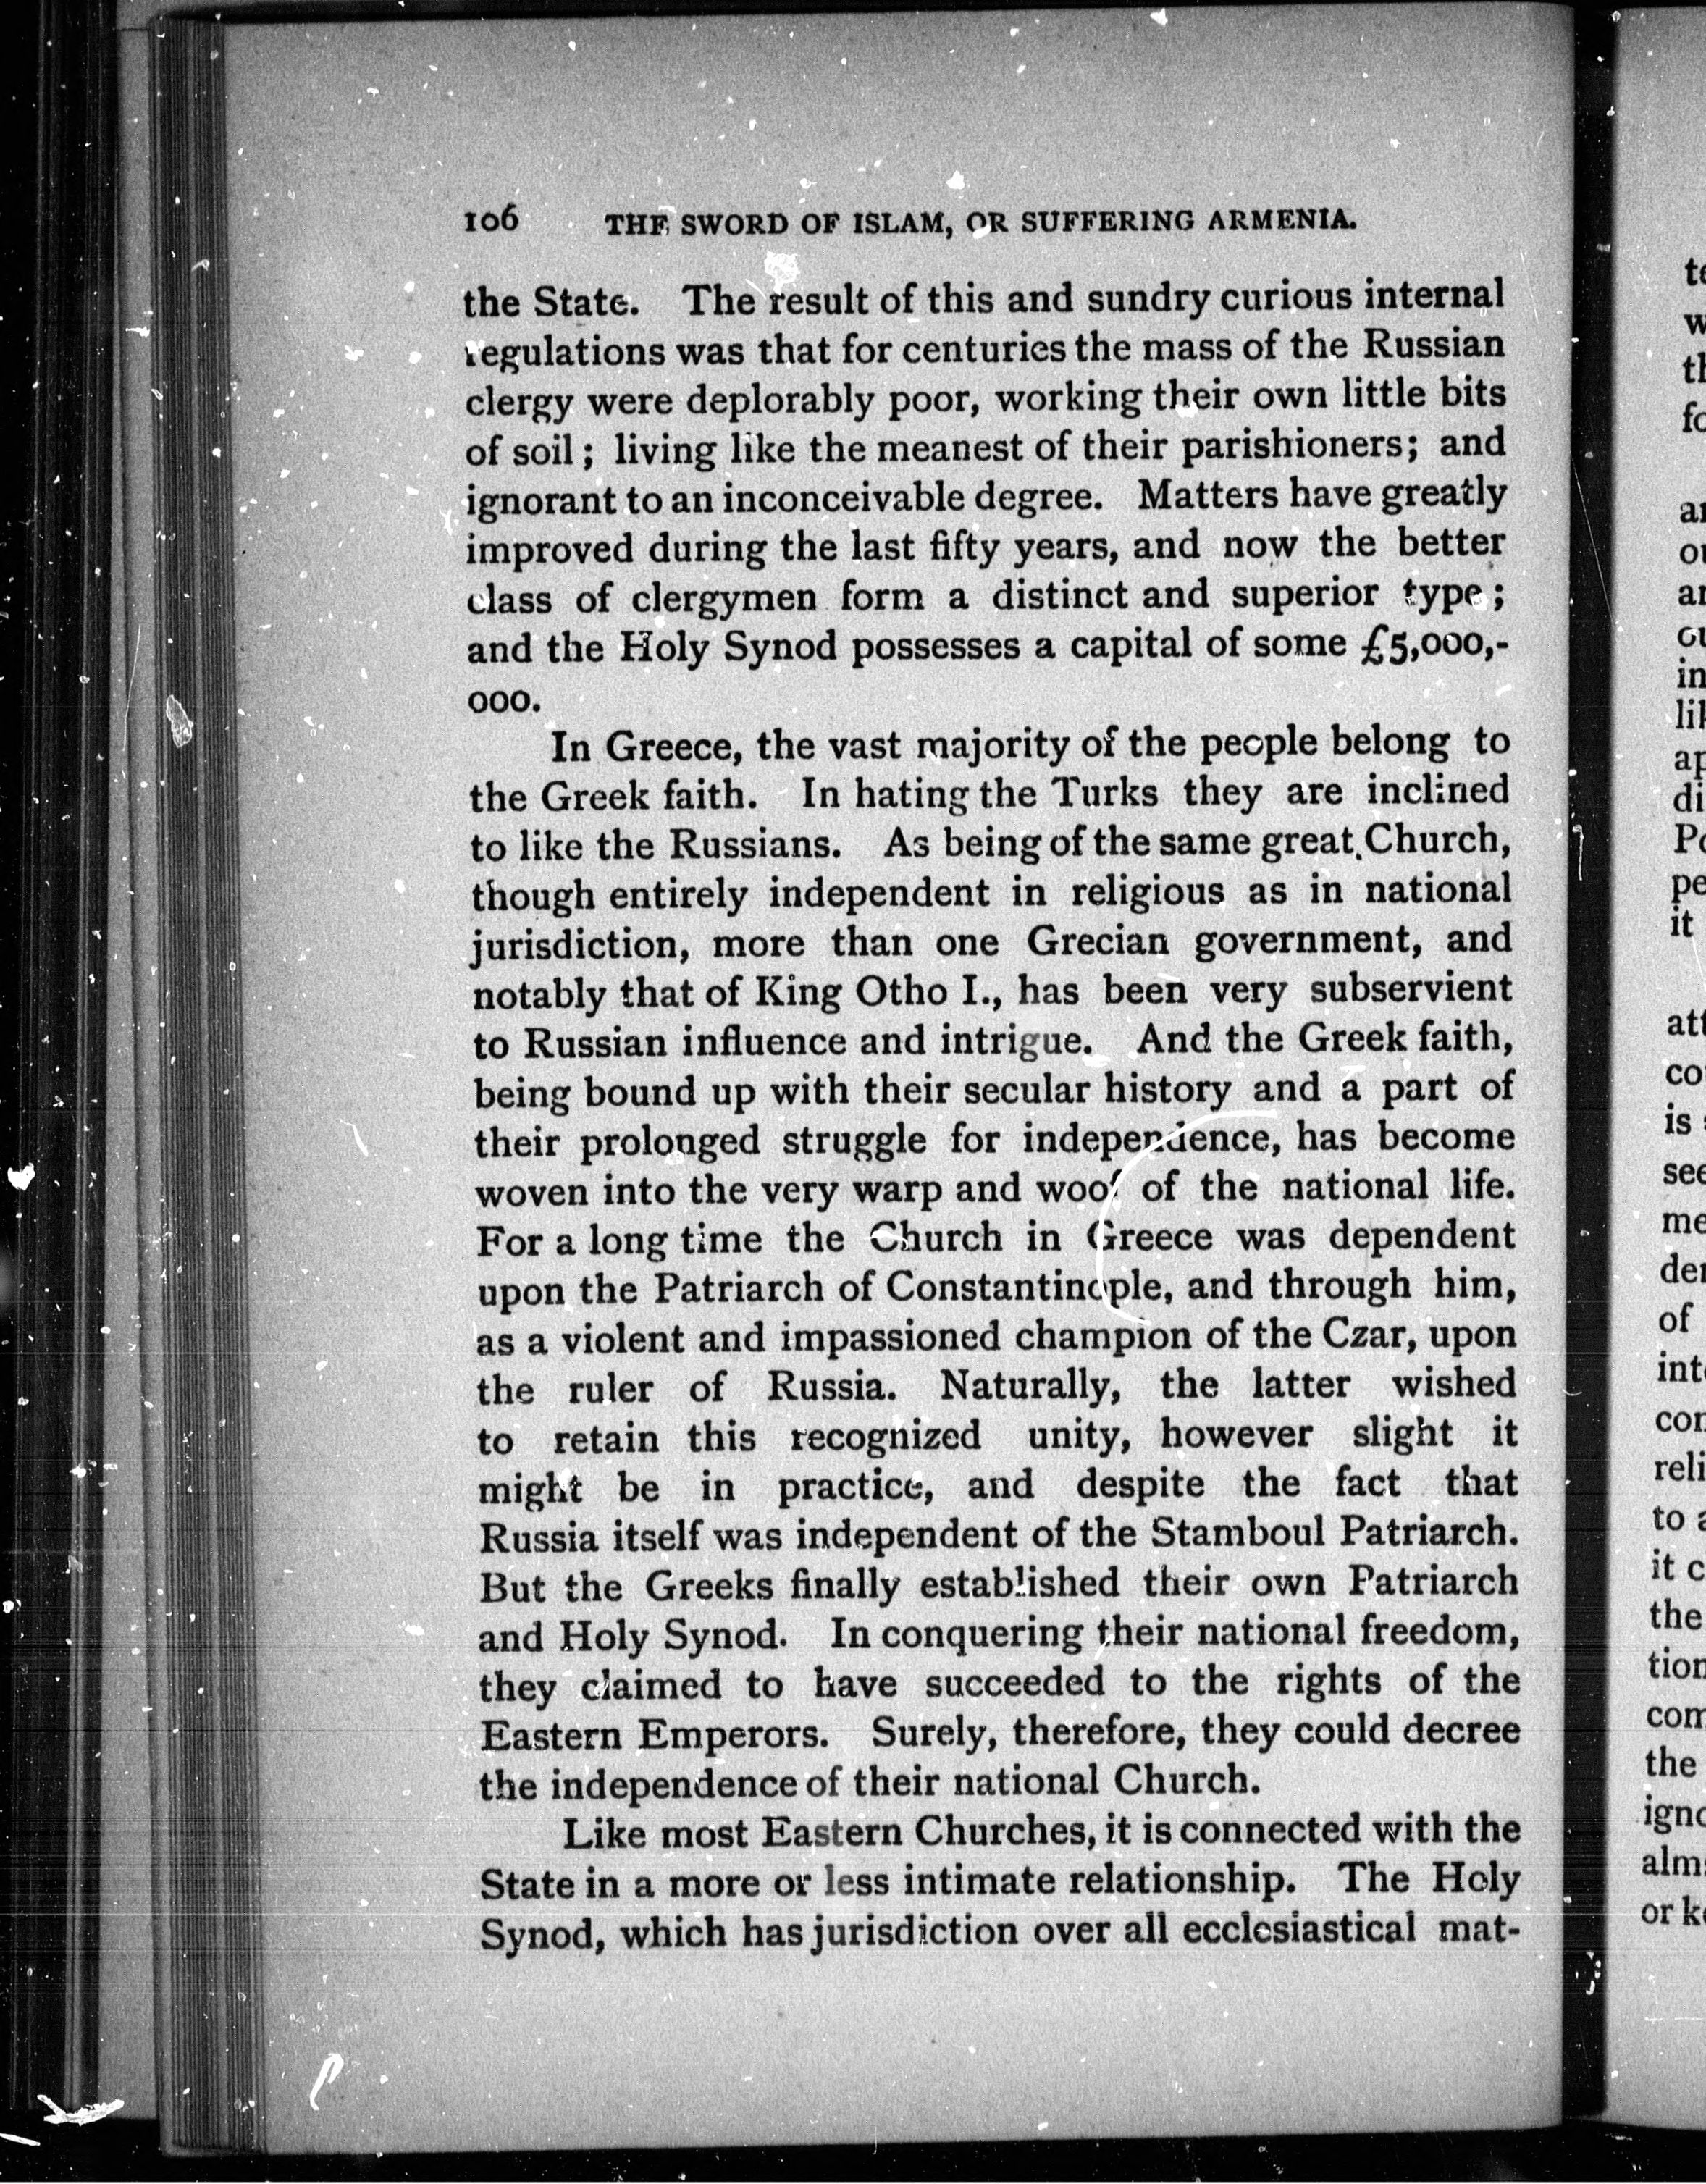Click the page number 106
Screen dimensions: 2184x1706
(x=491, y=219)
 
